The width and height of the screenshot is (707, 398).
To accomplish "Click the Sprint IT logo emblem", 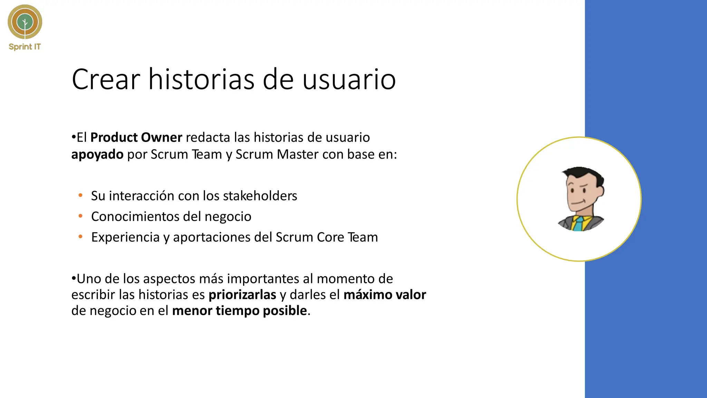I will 25,22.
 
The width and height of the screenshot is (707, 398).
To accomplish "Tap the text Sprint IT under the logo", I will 25,47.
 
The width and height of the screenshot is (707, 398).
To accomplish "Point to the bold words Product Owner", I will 136,138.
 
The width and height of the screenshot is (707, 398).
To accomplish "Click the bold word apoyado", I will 97,154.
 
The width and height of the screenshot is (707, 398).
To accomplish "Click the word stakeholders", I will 260,196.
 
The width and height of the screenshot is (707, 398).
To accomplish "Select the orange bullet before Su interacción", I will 80,196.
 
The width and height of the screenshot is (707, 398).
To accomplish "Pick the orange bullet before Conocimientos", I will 80,216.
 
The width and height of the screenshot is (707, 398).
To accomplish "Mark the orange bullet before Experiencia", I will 80,237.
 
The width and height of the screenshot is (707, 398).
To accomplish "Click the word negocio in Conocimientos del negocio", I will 228,217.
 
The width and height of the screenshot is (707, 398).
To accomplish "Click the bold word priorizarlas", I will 242,295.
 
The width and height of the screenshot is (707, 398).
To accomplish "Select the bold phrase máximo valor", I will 385,295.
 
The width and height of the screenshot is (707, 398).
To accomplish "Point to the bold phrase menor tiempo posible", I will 240,311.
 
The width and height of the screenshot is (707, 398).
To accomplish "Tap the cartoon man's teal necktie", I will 579,224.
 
